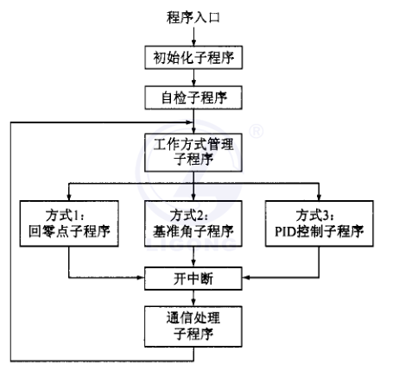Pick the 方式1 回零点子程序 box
tap(69, 223)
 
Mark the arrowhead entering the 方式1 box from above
tap(69, 195)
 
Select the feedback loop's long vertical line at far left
tap(10, 241)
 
